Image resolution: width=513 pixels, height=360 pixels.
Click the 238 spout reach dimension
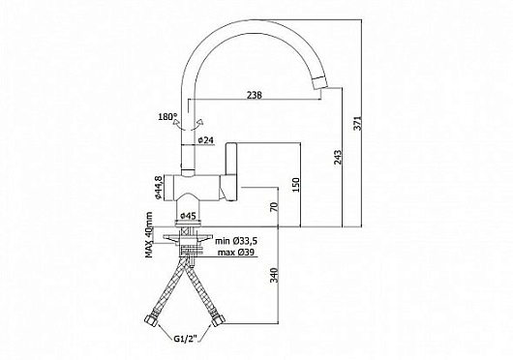pyautogui.click(x=255, y=95)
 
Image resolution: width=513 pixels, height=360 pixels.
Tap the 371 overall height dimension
pyautogui.click(x=358, y=123)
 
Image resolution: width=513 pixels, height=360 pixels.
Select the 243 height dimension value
pyautogui.click(x=338, y=157)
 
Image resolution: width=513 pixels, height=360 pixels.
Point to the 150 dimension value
pyautogui.click(x=295, y=185)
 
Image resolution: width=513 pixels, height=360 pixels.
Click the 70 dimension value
pyautogui.click(x=274, y=207)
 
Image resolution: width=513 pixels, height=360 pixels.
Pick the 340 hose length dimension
pyautogui.click(x=274, y=275)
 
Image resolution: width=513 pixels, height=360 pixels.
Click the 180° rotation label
pyautogui.click(x=167, y=117)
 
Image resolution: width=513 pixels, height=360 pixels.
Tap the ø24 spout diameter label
pyautogui.click(x=206, y=140)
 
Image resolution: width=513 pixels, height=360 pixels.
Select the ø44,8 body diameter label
pyautogui.click(x=158, y=188)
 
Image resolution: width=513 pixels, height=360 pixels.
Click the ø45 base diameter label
pyautogui.click(x=188, y=216)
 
